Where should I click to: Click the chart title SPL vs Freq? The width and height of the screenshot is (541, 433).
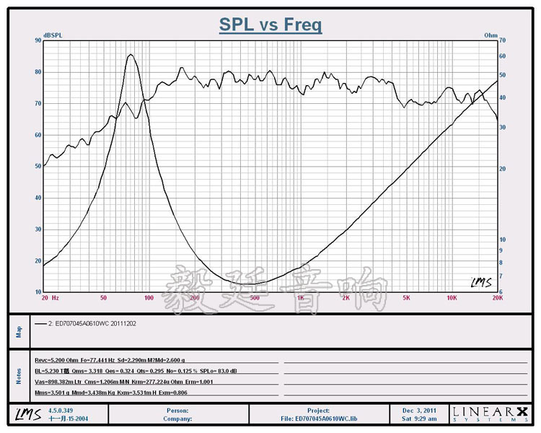(x=270, y=25)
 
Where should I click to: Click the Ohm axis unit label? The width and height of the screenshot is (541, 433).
(x=491, y=35)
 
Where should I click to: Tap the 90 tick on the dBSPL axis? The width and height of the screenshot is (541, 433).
(x=38, y=40)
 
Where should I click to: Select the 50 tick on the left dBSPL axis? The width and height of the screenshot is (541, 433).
(x=38, y=166)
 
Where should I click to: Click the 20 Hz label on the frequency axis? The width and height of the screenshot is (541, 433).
(x=50, y=297)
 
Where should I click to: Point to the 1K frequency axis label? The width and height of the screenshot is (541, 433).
(x=300, y=297)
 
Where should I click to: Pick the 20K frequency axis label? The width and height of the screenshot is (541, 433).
(x=496, y=297)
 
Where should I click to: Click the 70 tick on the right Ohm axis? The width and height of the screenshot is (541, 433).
(x=503, y=40)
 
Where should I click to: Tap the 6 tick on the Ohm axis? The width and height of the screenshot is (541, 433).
(x=502, y=292)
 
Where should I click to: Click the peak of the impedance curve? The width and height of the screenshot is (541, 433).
(x=130, y=55)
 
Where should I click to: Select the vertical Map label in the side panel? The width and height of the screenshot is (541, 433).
(x=19, y=332)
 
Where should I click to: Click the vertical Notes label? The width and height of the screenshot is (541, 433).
(x=19, y=375)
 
